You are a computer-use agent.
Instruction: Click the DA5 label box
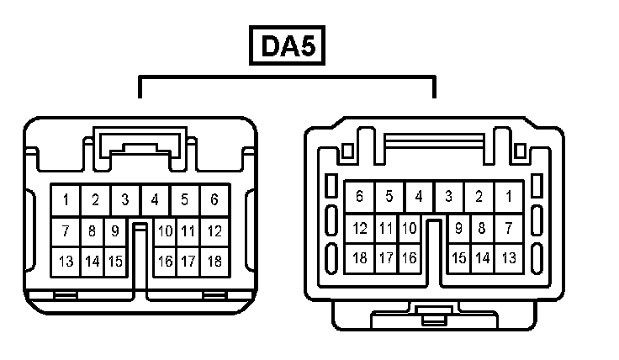287,47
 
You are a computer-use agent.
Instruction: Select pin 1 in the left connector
66,200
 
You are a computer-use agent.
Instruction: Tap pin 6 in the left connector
214,200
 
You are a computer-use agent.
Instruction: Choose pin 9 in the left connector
115,230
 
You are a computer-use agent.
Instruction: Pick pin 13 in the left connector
66,262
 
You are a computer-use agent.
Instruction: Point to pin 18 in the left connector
214,262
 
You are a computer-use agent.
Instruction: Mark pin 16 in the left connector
165,262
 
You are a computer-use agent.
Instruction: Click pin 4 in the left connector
155,200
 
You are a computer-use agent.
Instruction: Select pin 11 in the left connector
188,230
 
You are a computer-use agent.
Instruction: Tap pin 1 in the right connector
509,197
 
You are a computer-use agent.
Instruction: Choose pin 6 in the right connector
360,197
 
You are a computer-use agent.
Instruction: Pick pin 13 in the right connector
509,258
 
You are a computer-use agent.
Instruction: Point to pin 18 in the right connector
360,258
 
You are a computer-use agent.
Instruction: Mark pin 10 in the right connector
409,227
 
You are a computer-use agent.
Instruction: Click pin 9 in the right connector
459,227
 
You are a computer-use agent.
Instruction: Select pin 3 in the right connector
449,197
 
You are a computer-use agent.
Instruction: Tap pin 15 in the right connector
459,258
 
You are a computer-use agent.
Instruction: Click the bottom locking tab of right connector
433,319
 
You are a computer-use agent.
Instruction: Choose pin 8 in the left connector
93,230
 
